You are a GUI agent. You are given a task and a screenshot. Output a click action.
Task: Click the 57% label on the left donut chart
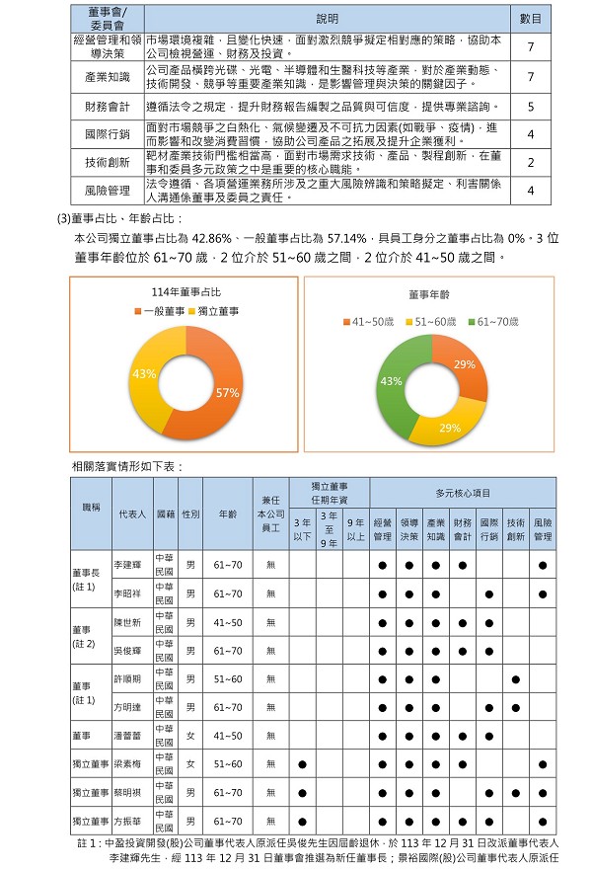pyautogui.click(x=228, y=392)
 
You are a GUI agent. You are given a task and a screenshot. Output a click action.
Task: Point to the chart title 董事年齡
pyautogui.click(x=428, y=294)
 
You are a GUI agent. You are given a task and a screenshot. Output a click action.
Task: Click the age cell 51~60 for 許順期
pyautogui.click(x=228, y=679)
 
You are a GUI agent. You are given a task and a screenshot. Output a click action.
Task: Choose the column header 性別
pyautogui.click(x=190, y=514)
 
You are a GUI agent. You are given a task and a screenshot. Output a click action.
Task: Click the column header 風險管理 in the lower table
pyautogui.click(x=543, y=529)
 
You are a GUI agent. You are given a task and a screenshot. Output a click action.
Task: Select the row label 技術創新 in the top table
pyautogui.click(x=108, y=163)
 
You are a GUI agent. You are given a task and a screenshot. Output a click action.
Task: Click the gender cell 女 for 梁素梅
pyautogui.click(x=190, y=764)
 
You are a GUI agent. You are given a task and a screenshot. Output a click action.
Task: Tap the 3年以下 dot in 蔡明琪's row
pyautogui.click(x=303, y=793)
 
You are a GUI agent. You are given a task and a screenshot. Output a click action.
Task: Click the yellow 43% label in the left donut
pyautogui.click(x=145, y=374)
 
